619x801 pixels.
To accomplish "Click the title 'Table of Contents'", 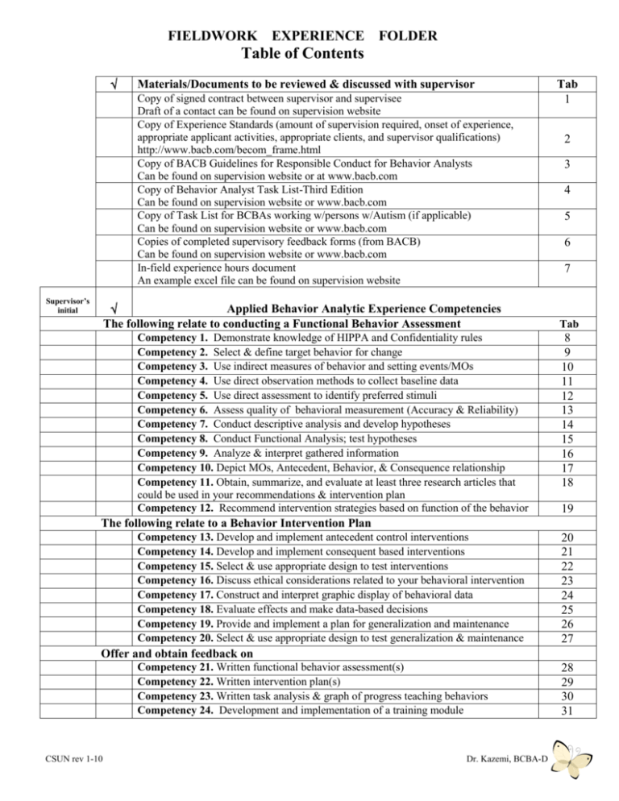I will tap(309, 54).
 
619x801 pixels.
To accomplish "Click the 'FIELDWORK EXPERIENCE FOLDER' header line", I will tap(309, 35).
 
